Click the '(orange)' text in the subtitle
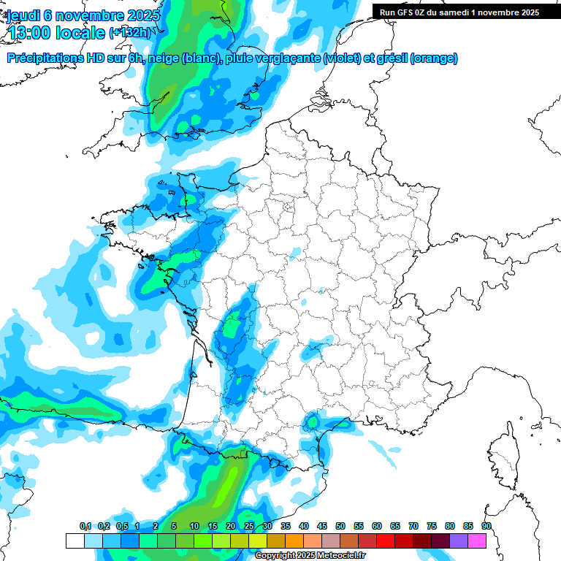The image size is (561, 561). click(434, 58)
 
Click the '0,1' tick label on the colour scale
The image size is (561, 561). click(85, 527)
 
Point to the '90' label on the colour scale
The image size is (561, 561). click(486, 527)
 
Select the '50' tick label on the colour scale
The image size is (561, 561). click(340, 527)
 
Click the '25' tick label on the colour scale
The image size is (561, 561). click(249, 527)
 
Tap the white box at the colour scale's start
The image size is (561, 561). click(75, 541)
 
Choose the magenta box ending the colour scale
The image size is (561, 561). click(477, 541)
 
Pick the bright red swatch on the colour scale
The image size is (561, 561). click(386, 541)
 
